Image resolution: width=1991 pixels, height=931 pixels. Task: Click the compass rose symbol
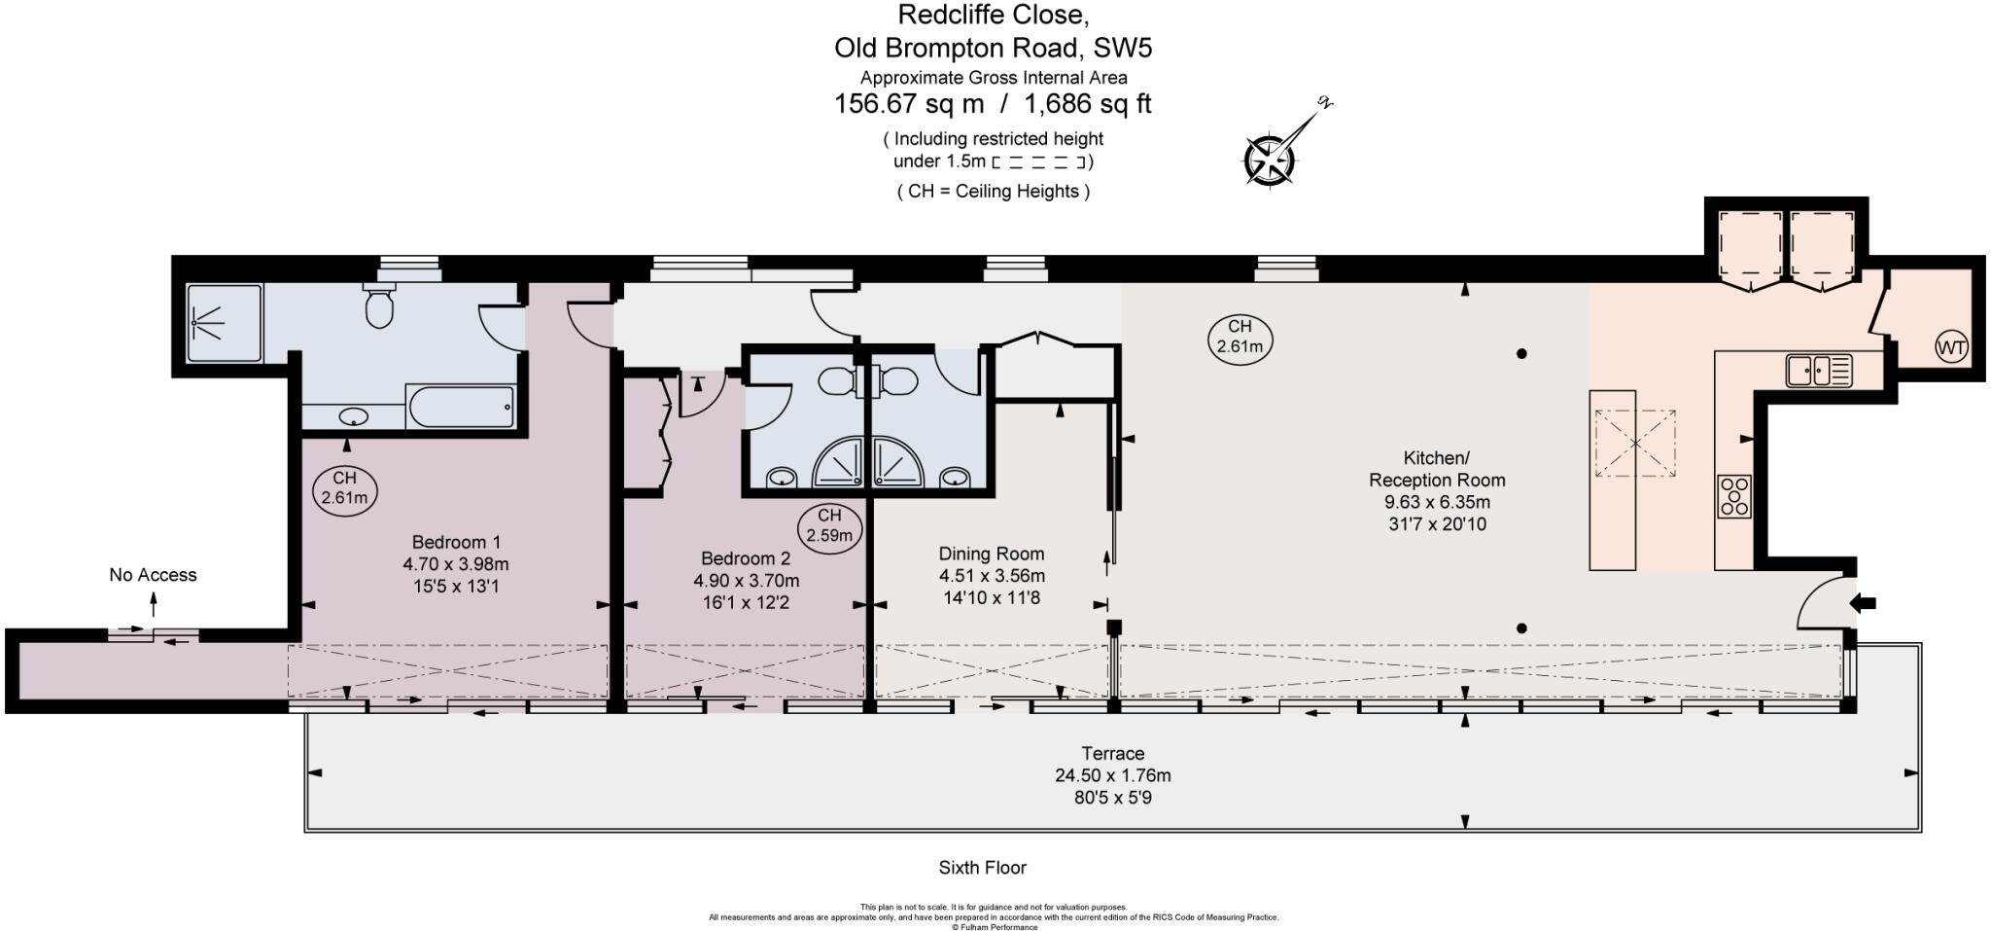(x=1270, y=160)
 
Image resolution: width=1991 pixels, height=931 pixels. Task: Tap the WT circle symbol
(x=1951, y=347)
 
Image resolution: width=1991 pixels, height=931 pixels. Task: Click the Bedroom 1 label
(x=456, y=542)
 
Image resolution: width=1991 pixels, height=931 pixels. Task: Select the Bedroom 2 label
(x=746, y=558)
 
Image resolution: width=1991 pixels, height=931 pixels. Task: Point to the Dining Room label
(x=992, y=554)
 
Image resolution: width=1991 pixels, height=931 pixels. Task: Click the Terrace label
(x=1113, y=753)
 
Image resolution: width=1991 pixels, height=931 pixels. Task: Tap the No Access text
(x=153, y=575)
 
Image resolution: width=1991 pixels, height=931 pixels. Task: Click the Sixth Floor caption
(x=982, y=868)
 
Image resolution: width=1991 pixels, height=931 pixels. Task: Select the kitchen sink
(x=1819, y=371)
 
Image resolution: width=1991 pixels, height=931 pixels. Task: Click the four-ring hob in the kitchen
(x=1733, y=496)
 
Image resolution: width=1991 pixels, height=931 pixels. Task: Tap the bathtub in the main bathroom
(x=460, y=407)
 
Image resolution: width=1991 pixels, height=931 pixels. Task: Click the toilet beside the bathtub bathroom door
(x=378, y=304)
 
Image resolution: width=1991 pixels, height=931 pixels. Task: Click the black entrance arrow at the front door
(x=1863, y=603)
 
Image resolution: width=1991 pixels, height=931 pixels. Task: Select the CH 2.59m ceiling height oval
(x=829, y=526)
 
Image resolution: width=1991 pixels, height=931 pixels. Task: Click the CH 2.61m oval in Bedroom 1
(x=344, y=488)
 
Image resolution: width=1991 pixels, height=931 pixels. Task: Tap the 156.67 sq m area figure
(x=909, y=104)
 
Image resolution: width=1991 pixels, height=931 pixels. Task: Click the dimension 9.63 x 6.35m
(x=1437, y=502)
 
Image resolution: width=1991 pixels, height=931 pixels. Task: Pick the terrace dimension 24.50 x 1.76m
(x=1113, y=775)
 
